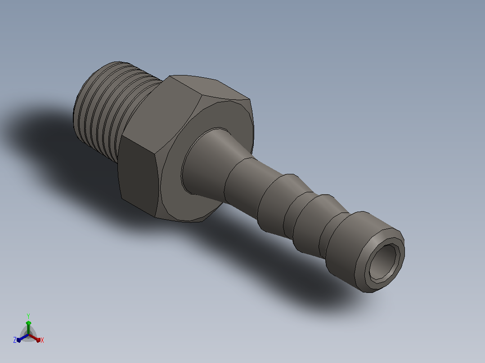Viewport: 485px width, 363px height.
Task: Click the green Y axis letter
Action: coord(28,316)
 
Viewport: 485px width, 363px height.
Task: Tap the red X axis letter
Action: coord(42,340)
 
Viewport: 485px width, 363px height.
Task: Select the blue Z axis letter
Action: coord(14,340)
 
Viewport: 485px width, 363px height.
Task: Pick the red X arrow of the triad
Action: coord(35,338)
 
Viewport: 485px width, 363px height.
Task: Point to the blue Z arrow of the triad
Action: coord(23,338)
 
